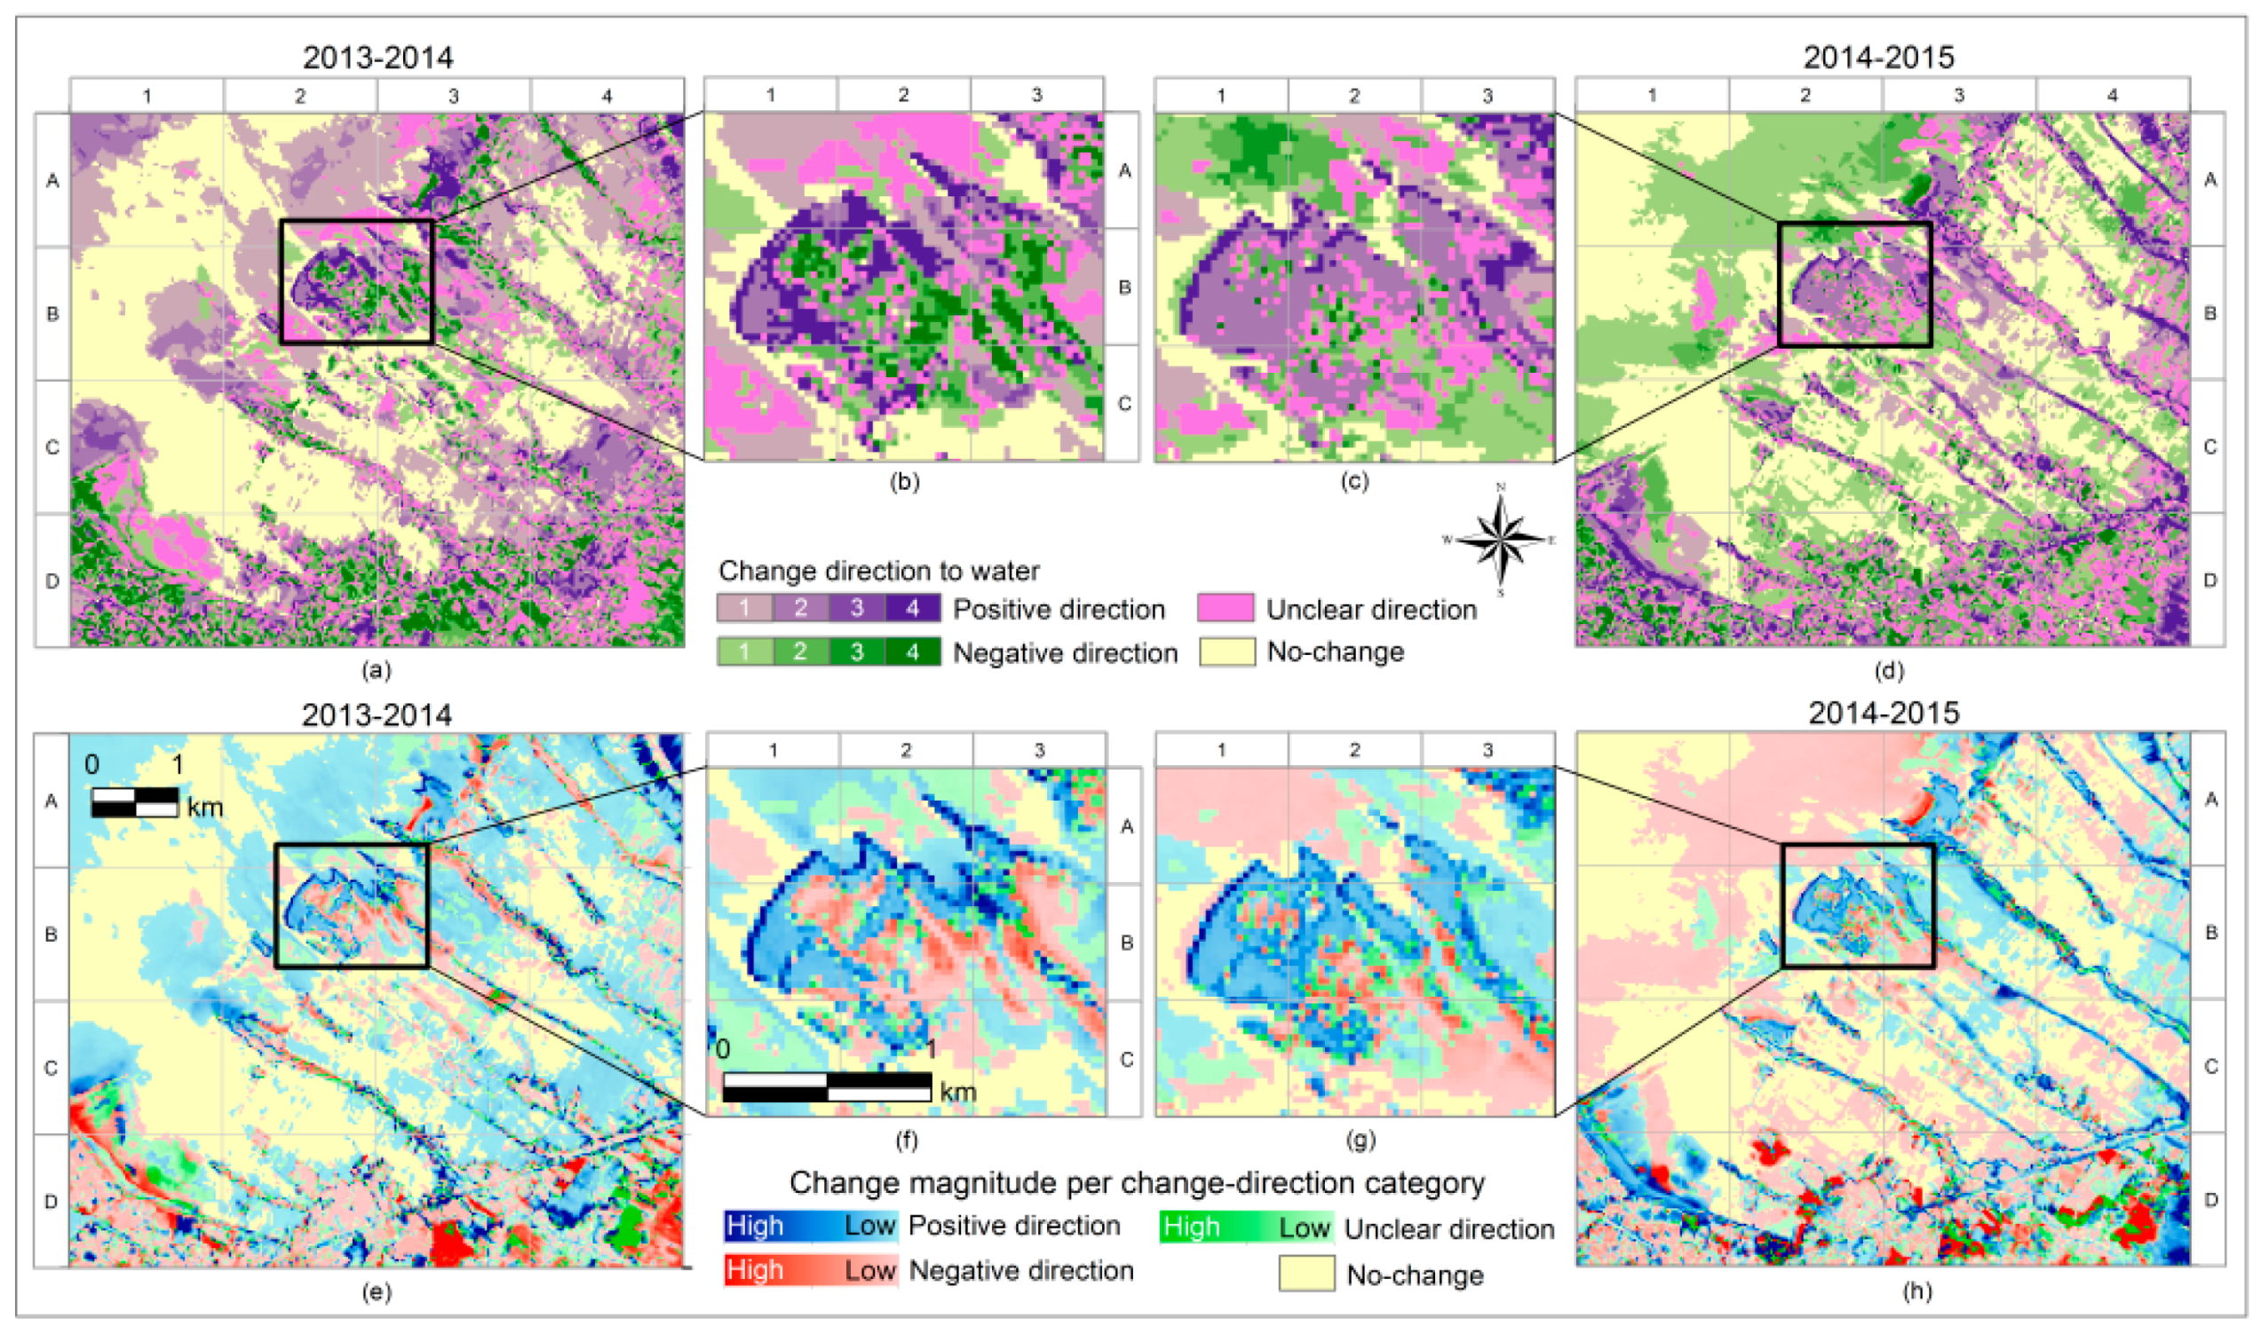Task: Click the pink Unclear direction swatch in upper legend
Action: pos(1225,608)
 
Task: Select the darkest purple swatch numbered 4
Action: pos(912,608)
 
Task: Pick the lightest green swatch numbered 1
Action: pos(745,651)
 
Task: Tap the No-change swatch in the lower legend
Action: pos(1305,1273)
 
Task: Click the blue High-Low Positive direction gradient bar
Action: pos(809,1225)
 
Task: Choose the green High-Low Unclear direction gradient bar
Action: pos(1245,1227)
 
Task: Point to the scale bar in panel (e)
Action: pos(135,801)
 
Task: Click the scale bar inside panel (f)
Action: pos(827,1085)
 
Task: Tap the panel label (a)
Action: pos(376,670)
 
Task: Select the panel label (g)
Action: pos(1360,1140)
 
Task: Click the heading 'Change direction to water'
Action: pos(877,571)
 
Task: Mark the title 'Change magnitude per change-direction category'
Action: pos(1137,1182)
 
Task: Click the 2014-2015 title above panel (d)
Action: pos(1878,57)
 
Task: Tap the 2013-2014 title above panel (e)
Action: pos(376,714)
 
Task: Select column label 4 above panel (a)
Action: pos(607,95)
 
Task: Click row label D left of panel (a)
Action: pos(52,580)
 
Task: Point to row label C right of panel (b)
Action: pos(1124,404)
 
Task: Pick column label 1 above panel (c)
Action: pos(1220,95)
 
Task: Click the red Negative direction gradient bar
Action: pos(809,1270)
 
